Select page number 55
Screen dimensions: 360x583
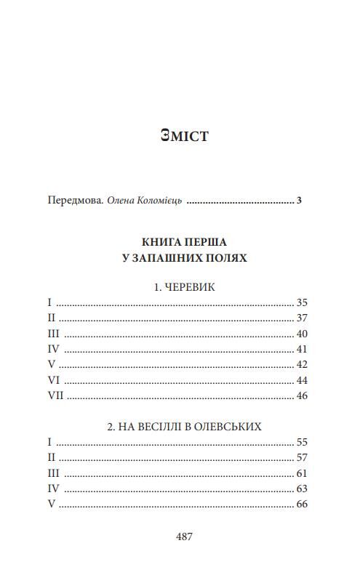pos(303,442)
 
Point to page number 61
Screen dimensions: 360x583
pos(303,473)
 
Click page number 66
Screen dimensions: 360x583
pos(303,504)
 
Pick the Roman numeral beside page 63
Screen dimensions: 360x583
pos(52,488)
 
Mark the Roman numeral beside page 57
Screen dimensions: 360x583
pos(50,457)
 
